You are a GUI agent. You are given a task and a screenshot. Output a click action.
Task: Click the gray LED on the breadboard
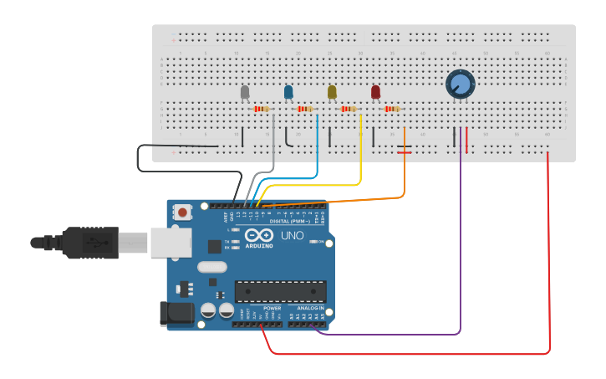tap(245, 92)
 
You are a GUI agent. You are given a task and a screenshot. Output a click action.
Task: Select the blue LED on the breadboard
tap(288, 91)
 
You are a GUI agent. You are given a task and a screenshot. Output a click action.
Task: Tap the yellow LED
tap(332, 91)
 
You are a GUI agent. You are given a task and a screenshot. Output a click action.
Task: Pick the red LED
tap(375, 91)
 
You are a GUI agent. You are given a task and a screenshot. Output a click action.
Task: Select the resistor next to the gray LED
tap(262, 109)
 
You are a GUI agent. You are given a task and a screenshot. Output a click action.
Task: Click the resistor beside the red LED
tap(392, 109)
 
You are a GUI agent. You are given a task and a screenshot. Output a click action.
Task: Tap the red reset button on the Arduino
tap(183, 213)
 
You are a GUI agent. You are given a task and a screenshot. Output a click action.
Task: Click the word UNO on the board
tap(293, 236)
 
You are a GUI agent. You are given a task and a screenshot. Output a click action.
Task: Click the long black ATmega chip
tap(279, 290)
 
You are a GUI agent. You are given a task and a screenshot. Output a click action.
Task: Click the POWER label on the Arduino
tap(272, 308)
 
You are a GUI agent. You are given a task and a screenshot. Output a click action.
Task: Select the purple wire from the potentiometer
tap(461, 251)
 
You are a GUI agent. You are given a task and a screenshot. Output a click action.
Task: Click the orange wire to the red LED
tap(405, 167)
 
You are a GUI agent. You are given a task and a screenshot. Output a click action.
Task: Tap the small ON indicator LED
tap(311, 242)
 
